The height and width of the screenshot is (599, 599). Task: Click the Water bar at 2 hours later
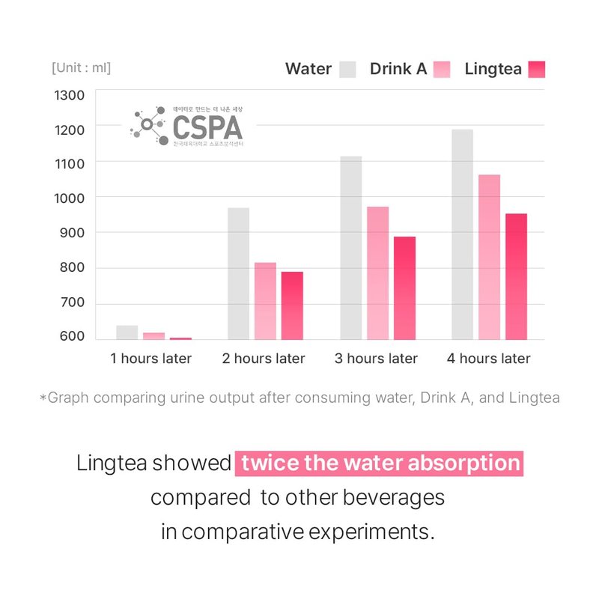238,273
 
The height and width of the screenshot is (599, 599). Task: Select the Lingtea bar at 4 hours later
516,276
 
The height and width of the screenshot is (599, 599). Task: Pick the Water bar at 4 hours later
463,234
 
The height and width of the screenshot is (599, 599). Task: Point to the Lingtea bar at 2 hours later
292,305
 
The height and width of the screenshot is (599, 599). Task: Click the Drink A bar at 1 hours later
153,336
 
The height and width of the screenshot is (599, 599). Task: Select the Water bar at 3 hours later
350,248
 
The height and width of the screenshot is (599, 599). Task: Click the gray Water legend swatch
347,69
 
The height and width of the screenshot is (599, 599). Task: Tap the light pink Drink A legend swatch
442,69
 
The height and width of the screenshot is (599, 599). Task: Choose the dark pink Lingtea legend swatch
537,69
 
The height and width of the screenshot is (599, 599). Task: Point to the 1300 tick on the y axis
69,95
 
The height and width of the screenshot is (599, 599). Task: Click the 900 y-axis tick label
69,233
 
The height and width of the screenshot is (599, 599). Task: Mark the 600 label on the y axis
69,337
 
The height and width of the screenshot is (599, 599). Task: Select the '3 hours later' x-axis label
376,359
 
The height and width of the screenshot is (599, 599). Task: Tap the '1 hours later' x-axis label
150,359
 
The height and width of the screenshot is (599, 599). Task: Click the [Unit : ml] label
81,68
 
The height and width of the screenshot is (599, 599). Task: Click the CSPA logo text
207,127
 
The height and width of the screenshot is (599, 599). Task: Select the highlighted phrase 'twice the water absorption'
380,463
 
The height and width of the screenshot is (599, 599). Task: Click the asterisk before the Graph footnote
43,398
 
